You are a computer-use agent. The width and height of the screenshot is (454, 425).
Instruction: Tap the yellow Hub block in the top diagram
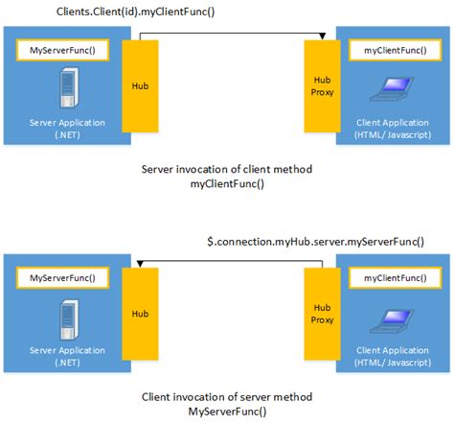click(139, 84)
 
